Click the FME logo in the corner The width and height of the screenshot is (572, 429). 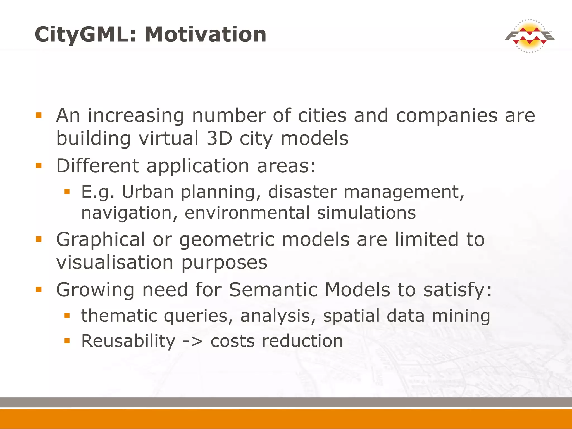click(530, 36)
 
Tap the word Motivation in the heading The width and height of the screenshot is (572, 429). click(206, 34)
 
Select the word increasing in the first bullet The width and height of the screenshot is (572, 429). click(136, 116)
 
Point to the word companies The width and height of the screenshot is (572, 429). click(447, 116)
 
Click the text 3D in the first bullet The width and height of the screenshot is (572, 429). click(220, 139)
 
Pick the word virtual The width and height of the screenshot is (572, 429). click(169, 139)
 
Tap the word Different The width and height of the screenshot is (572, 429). click(97, 166)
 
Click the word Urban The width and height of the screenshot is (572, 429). click(148, 192)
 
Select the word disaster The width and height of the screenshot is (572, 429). click(302, 192)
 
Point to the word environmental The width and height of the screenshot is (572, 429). click(247, 213)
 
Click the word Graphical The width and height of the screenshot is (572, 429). click(101, 240)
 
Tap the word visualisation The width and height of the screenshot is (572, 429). click(115, 263)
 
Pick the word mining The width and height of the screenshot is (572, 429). click(461, 316)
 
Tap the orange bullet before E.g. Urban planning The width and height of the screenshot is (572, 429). click(66, 192)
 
